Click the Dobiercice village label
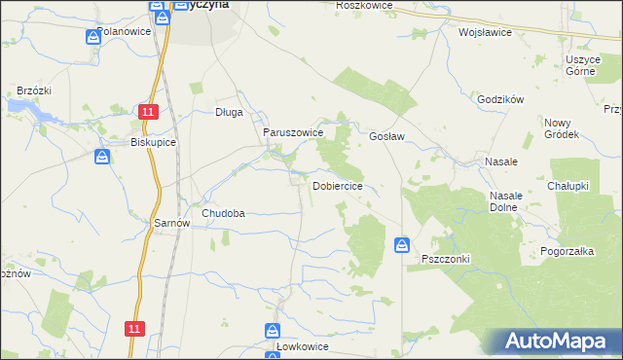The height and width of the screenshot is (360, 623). (x=338, y=185)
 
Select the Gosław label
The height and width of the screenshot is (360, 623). (x=386, y=137)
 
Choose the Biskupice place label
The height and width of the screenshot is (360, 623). (x=153, y=141)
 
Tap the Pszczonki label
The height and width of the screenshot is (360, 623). (x=446, y=259)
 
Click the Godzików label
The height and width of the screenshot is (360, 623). (x=501, y=99)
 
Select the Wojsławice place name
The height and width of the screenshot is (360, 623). (x=485, y=31)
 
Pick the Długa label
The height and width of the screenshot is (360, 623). (x=229, y=112)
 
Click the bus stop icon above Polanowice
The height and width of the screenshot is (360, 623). (x=92, y=37)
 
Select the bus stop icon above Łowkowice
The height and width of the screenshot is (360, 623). (x=273, y=331)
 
